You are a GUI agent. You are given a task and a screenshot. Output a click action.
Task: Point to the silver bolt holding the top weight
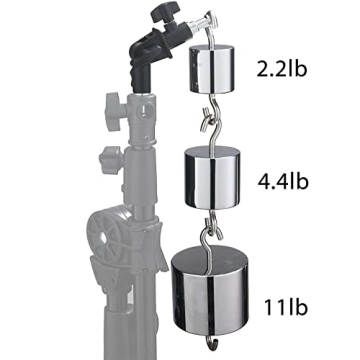click(x=191, y=41)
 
